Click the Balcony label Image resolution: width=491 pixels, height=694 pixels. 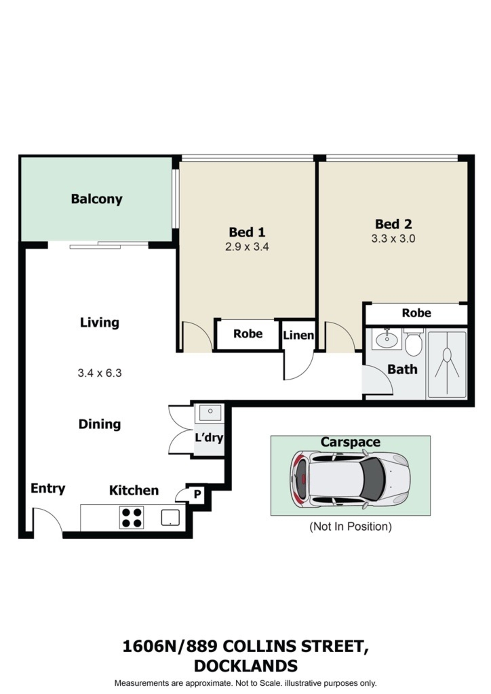tap(97, 199)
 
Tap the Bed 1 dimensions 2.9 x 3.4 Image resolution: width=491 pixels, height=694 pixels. tap(247, 247)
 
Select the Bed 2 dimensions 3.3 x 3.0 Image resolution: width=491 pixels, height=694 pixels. tap(393, 239)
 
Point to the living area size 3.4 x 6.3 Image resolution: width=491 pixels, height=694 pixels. tap(100, 373)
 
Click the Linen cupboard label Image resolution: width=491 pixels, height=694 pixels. tap(298, 335)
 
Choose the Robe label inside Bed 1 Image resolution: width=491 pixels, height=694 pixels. tap(248, 334)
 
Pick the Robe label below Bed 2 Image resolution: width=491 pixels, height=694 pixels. tap(416, 313)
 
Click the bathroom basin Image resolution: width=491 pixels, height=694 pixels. tap(387, 339)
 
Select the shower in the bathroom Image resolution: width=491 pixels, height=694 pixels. tap(447, 365)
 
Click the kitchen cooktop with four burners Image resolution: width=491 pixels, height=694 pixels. tap(131, 518)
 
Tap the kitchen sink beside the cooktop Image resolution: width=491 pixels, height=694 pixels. tap(170, 517)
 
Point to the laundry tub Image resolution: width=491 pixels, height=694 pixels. tap(209, 413)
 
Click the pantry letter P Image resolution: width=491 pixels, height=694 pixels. tap(197, 494)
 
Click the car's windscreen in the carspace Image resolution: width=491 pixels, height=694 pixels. tap(372, 479)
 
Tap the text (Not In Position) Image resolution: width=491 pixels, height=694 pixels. tap(350, 526)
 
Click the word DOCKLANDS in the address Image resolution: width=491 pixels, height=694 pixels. tap(245, 666)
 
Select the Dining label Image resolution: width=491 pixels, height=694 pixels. tap(100, 424)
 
